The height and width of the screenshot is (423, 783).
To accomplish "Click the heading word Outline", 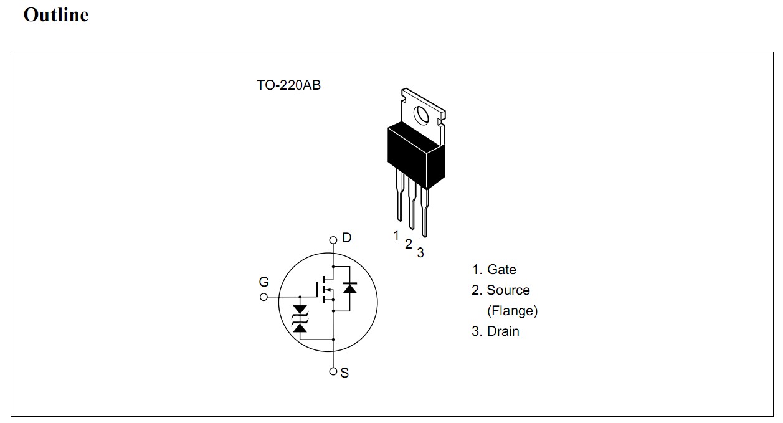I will [55, 14].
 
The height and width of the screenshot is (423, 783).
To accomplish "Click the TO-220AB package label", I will [288, 85].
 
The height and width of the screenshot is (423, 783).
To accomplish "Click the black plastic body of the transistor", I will [415, 153].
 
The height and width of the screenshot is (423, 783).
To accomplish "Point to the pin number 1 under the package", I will [396, 235].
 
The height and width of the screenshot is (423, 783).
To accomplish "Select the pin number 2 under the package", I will [408, 244].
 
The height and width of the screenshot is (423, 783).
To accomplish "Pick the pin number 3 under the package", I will [420, 253].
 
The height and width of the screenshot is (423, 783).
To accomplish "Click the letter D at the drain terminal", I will [347, 237].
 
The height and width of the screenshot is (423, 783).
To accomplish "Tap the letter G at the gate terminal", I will [264, 282].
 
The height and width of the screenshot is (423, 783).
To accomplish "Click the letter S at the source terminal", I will [344, 373].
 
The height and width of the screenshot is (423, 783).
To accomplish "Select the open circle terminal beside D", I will [333, 239].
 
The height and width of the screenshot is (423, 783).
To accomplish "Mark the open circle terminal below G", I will [263, 297].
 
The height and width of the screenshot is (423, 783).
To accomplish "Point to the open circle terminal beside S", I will [333, 371].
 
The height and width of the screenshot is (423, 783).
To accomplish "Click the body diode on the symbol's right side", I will [349, 288].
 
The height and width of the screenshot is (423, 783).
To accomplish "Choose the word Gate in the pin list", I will [501, 270].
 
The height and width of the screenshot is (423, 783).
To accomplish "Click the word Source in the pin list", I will [508, 290].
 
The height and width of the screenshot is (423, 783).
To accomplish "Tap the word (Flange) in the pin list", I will [512, 310].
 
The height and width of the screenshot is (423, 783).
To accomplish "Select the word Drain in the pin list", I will [503, 331].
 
